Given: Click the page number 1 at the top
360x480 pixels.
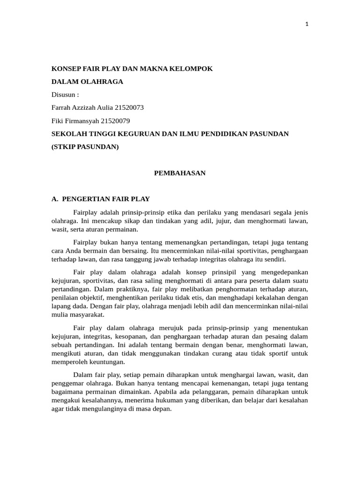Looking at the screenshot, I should click(307, 25).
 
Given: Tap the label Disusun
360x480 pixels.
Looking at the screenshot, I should click(65, 95).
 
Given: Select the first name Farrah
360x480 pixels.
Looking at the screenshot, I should click(62, 108).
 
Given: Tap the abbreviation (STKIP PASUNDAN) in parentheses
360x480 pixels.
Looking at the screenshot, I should click(85, 147).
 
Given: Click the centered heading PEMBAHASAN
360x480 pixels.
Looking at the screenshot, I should click(180, 173).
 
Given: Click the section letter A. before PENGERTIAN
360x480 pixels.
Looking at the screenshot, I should click(54, 199).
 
